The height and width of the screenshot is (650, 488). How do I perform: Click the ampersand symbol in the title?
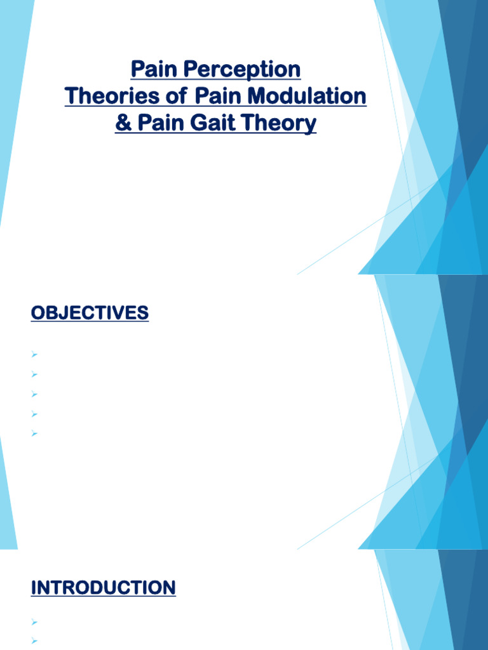click(122, 123)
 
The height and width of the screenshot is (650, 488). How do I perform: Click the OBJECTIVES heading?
click(90, 313)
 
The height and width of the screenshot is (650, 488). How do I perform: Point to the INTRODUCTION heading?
click(103, 588)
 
